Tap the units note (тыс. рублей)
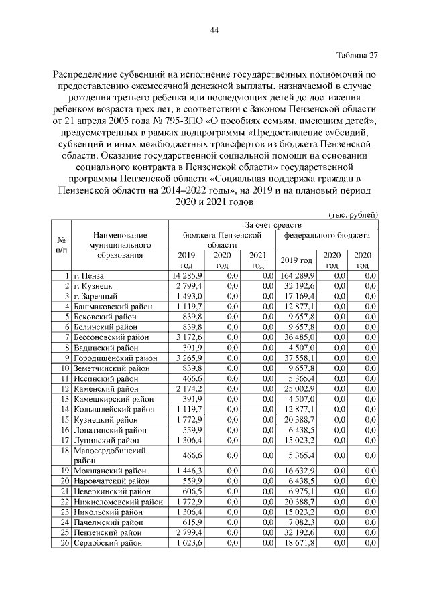coord(354,214)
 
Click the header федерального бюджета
coord(326,236)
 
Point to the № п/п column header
coord(62,245)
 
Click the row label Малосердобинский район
coord(110,456)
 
